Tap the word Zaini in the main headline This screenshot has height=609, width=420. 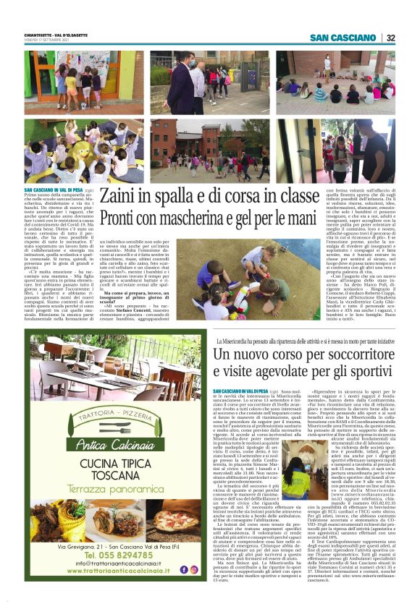click(x=122, y=197)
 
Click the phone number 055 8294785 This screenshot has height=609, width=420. click(x=119, y=554)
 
